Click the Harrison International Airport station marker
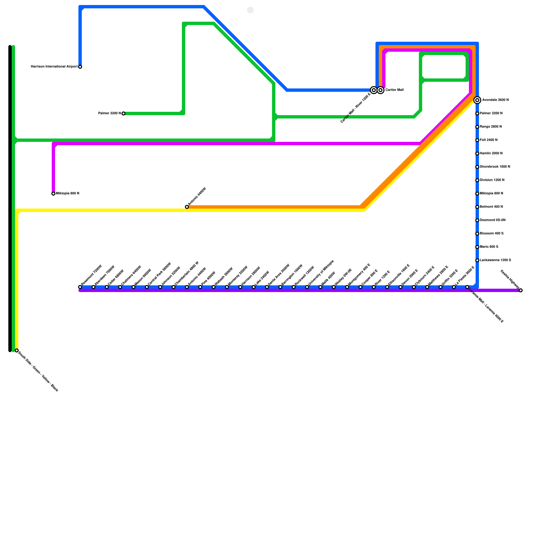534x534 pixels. click(80, 67)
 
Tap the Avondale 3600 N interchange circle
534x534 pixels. click(477, 100)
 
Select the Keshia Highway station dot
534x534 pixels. click(521, 290)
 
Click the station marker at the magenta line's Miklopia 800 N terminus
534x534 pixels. click(53, 194)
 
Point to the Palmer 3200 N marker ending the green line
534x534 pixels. click(123, 113)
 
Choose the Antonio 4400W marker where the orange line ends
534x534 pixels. click(187, 207)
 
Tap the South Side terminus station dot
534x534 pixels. click(17, 350)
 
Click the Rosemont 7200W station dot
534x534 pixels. click(80, 287)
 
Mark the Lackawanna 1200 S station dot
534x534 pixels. click(477, 260)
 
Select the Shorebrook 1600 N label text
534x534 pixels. click(495, 167)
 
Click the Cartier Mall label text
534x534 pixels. click(394, 90)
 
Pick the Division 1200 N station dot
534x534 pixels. click(477, 180)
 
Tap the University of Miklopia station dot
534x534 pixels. click(307, 287)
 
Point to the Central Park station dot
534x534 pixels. click(147, 287)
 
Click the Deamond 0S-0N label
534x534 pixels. click(493, 220)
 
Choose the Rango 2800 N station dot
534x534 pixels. click(477, 127)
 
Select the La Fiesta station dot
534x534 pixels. click(454, 287)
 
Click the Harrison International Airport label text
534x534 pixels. click(54, 67)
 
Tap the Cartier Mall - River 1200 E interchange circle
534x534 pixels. click(374, 90)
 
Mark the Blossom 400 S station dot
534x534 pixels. click(477, 234)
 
